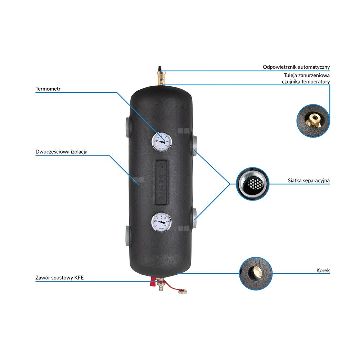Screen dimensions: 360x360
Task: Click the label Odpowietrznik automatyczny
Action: coord(296,67)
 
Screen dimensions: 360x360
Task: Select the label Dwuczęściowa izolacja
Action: coord(62,152)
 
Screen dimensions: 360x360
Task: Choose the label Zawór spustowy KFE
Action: coord(59,278)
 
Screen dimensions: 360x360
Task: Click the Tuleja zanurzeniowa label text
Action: coord(306,76)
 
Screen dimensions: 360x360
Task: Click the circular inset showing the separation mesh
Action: coord(253,184)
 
